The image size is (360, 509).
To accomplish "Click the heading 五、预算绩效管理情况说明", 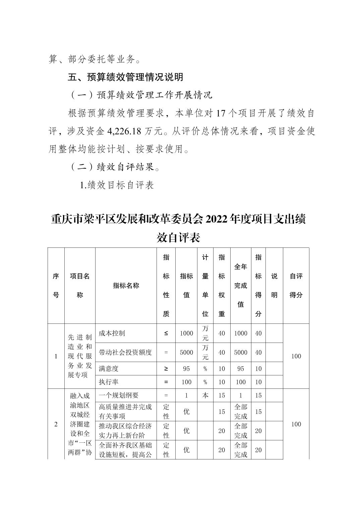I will click(125, 77).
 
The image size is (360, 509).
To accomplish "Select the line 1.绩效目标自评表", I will click(117, 185).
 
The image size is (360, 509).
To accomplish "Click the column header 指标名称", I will click(126, 286).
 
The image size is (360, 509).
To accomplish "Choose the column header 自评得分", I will click(296, 286).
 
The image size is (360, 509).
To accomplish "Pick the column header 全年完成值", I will click(240, 286).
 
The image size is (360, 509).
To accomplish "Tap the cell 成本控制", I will click(112, 333).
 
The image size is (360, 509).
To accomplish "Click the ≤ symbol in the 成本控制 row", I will click(166, 333).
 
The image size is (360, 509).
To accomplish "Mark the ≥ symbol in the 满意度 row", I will click(166, 369).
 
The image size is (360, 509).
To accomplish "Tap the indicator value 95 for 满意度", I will click(186, 369).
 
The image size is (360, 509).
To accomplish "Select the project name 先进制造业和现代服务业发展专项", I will click(80, 356).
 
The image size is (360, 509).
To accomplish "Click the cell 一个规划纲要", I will click(119, 395).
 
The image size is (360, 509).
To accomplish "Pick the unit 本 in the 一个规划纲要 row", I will click(205, 395).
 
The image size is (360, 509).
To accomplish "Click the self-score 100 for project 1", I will click(296, 356).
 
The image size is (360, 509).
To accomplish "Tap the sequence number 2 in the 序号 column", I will click(56, 424).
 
